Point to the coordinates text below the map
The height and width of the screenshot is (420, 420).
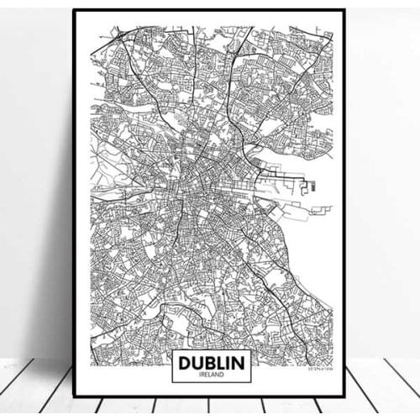coord(318,369)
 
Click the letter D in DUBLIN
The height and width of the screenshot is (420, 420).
coord(182,362)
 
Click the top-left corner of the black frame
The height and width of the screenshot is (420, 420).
coord(74,10)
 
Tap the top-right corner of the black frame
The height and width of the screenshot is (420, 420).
coord(344,10)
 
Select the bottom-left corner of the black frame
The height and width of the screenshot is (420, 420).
coord(74,396)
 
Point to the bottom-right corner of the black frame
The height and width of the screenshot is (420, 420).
coord(344,396)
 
